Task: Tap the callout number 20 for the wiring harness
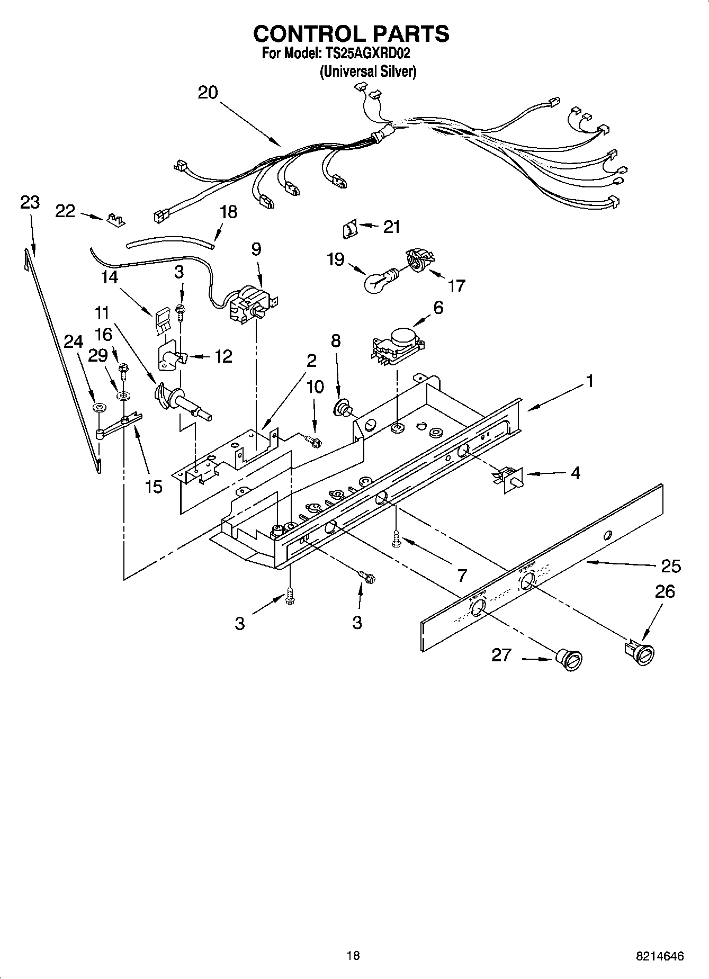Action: pos(208,93)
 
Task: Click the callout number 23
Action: pos(30,202)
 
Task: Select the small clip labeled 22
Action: pos(115,219)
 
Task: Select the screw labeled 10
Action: pos(313,439)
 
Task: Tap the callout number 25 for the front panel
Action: pos(670,566)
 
